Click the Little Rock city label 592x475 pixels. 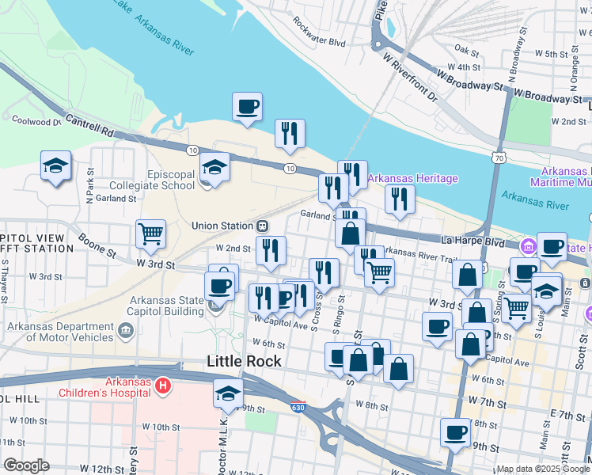coord(243,361)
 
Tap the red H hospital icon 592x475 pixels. coord(162,386)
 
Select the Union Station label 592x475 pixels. coord(222,226)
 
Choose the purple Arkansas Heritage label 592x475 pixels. coord(412,178)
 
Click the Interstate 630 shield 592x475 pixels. coord(318,409)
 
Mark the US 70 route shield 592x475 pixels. coord(497,158)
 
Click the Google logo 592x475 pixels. coord(25,465)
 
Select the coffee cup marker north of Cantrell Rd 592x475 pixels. coord(248,107)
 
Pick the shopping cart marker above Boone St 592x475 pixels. coord(150,234)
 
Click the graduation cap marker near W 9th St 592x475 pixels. coord(228,393)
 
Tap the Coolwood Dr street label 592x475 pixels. coord(36,121)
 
